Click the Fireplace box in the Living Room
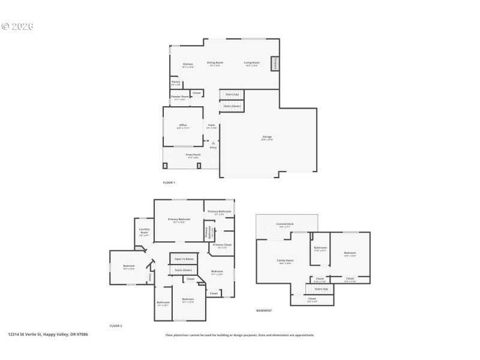point(275,63)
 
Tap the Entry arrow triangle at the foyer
point(213,143)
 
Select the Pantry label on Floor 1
point(176,83)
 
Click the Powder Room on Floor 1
point(180,98)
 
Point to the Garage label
point(267,137)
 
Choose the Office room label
point(183,126)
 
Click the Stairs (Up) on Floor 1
point(232,94)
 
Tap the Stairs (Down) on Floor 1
point(232,106)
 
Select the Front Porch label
point(193,155)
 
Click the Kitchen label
point(188,64)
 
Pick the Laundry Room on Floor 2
point(144,231)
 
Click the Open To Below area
point(184,259)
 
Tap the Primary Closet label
point(222,245)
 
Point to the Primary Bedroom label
point(179,220)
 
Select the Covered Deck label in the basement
point(284,224)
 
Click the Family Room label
point(285,261)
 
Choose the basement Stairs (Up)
point(322,289)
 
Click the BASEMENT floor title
point(264,311)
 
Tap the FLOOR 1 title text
point(169,182)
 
